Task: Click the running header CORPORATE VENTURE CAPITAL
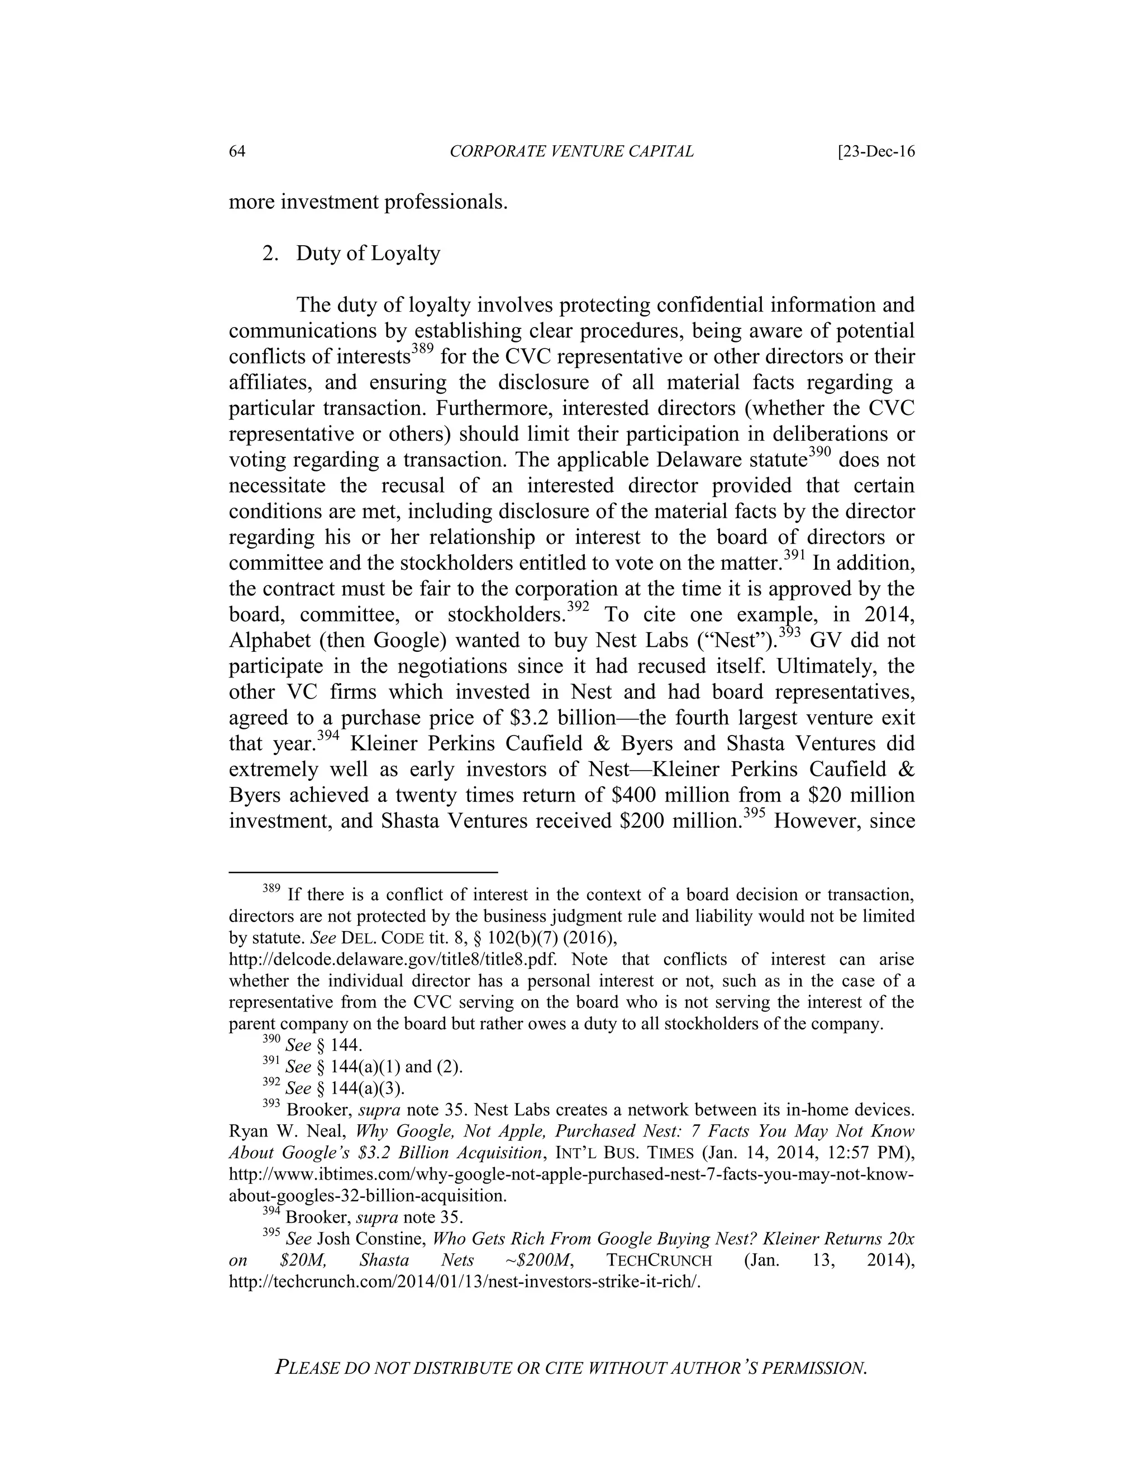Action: click(x=571, y=152)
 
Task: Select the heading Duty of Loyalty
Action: click(x=368, y=254)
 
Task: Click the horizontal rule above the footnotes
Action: click(x=363, y=872)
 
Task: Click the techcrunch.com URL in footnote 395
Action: click(x=464, y=1282)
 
